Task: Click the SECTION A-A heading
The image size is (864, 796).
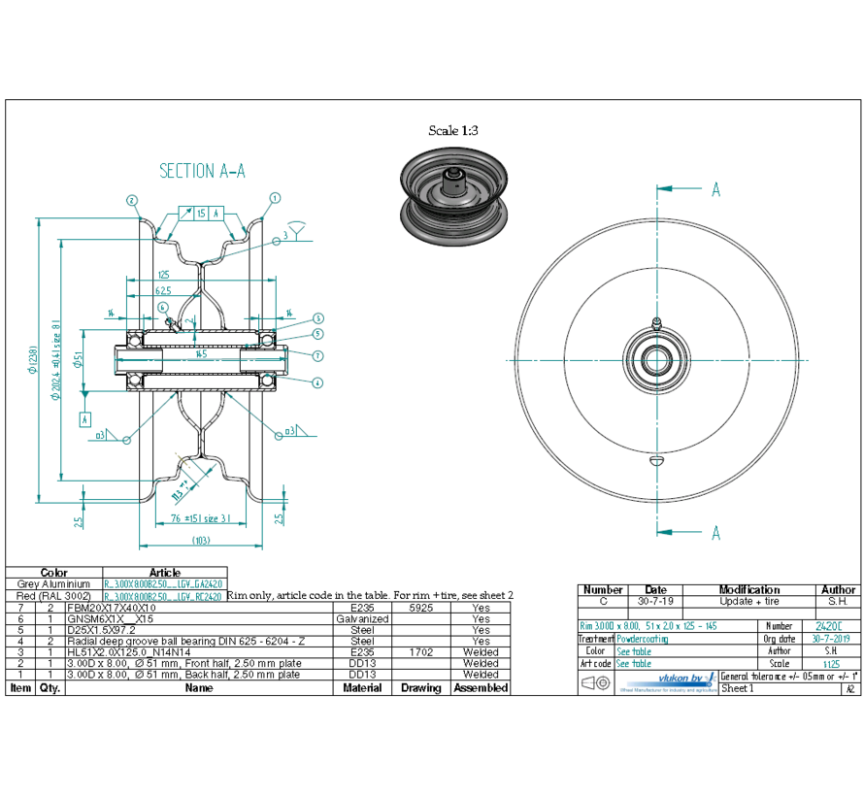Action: (202, 171)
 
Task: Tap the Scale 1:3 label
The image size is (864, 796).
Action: (453, 130)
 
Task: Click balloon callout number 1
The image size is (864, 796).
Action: (275, 197)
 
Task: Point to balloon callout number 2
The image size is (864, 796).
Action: (130, 200)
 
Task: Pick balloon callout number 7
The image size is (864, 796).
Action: (317, 355)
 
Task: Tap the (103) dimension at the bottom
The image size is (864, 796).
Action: (201, 540)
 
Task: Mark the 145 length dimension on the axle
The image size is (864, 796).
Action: (201, 354)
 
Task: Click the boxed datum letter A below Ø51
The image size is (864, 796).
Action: (85, 419)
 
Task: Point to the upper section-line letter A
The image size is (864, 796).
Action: (715, 189)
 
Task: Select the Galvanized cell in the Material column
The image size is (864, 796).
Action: (362, 618)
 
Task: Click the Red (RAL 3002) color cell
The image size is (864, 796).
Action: (54, 596)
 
